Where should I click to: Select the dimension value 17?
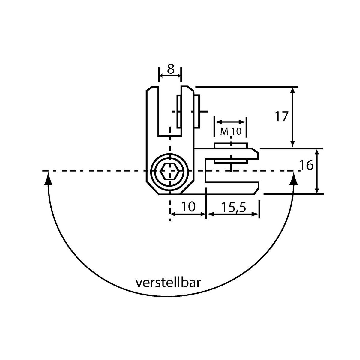pos(281,117)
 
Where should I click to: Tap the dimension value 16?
pos(306,165)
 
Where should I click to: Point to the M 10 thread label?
pos(231,131)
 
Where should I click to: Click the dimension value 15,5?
pos(233,207)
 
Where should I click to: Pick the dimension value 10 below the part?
pos(188,207)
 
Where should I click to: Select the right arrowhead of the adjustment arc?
pos(294,178)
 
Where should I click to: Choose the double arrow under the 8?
pos(170,76)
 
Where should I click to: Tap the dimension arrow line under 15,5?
pos(233,214)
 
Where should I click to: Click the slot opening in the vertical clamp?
pos(170,111)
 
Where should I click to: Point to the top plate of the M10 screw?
pos(231,145)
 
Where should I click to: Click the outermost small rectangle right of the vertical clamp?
pos(197,111)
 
